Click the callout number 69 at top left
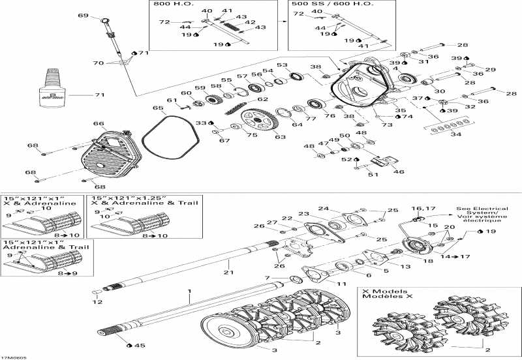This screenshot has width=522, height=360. (x=82, y=16)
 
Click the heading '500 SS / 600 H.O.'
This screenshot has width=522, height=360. (x=321, y=5)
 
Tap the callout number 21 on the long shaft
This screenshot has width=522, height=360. (x=228, y=272)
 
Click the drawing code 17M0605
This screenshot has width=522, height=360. (x=14, y=356)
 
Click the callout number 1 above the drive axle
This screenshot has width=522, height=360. (x=189, y=289)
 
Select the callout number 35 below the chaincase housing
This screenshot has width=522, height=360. (x=400, y=111)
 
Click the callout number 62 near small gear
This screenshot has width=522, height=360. (x=263, y=99)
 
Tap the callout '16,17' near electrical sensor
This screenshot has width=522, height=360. (x=418, y=208)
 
